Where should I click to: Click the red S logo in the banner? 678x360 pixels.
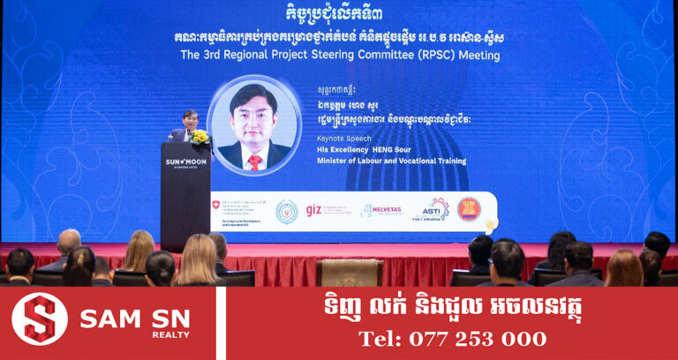[x=40, y=319]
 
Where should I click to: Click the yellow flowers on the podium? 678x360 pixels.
[x=199, y=137]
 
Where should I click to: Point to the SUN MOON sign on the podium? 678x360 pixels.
[x=186, y=162]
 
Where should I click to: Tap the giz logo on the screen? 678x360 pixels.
[x=313, y=210]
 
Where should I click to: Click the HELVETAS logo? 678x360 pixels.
[x=381, y=211]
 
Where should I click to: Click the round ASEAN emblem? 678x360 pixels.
[x=469, y=209]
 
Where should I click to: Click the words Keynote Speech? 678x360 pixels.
[x=341, y=139]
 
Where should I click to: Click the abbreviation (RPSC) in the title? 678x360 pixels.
[x=437, y=55]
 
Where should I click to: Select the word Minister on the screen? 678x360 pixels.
[x=335, y=161]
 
